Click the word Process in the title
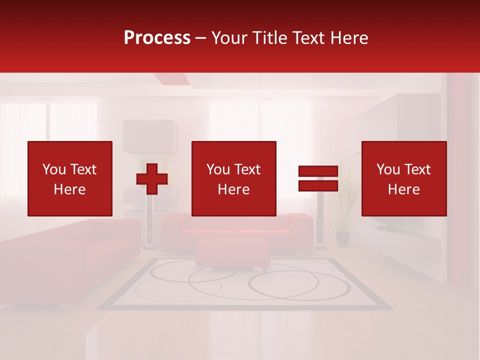[157, 38]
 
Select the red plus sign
[152, 179]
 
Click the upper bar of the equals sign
[318, 171]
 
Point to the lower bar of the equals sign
[318, 186]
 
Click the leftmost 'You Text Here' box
[70, 178]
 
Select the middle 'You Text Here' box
[233, 178]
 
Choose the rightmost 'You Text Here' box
[404, 178]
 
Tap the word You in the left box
[53, 169]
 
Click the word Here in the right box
[404, 189]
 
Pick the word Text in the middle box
[247, 169]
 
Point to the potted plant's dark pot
[343, 238]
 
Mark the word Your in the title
[230, 38]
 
